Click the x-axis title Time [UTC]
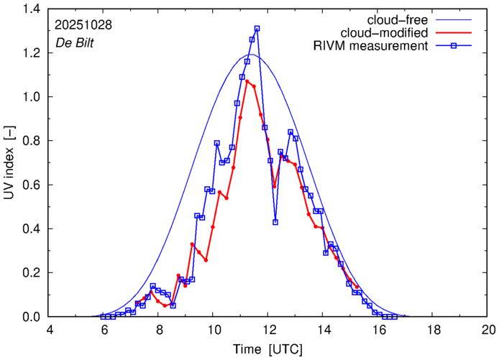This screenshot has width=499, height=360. [268, 350]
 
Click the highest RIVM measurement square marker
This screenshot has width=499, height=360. [257, 29]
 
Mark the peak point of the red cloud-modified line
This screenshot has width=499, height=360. [247, 81]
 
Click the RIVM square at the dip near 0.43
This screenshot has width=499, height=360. [275, 222]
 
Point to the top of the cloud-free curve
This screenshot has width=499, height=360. [251, 55]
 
